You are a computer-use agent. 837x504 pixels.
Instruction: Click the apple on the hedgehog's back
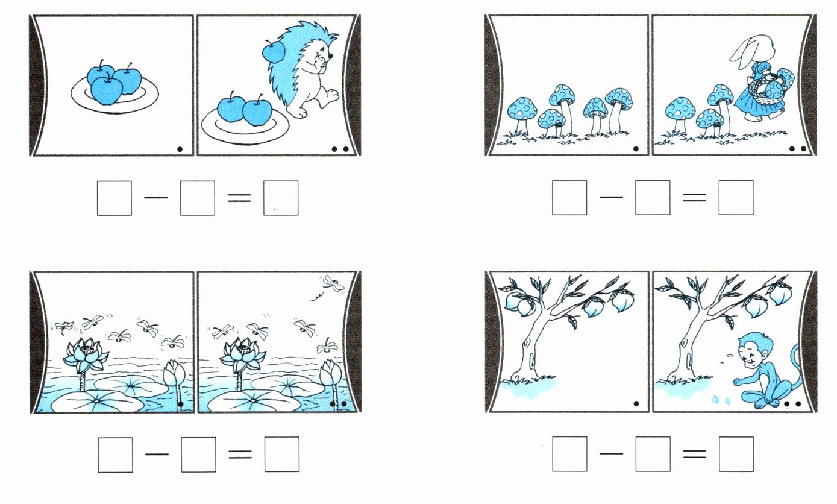point(274,52)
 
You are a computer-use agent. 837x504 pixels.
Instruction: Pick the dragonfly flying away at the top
point(333,283)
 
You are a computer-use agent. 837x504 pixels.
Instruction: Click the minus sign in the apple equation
point(156,198)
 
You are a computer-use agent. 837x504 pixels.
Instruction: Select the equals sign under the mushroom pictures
point(694,197)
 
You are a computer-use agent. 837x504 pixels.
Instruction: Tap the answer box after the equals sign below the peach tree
point(736,454)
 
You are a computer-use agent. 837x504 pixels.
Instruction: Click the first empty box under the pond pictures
point(116,455)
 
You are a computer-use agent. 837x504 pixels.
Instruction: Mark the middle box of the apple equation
point(197,198)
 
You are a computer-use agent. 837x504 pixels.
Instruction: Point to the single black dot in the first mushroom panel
point(636,148)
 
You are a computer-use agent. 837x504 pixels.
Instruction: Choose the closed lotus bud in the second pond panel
point(331,373)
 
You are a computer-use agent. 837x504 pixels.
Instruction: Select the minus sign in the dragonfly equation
point(157,455)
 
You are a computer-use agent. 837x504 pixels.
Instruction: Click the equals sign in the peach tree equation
point(695,454)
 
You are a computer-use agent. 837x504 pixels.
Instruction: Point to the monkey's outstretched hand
point(737,382)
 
